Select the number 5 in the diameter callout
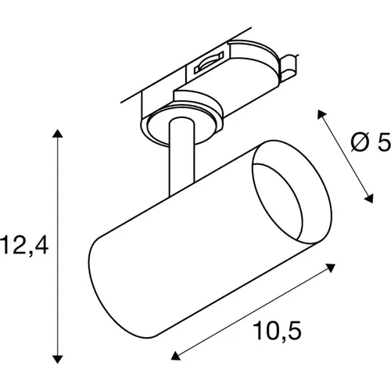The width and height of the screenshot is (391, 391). coord(383,142)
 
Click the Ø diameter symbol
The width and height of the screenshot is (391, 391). coord(360,142)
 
